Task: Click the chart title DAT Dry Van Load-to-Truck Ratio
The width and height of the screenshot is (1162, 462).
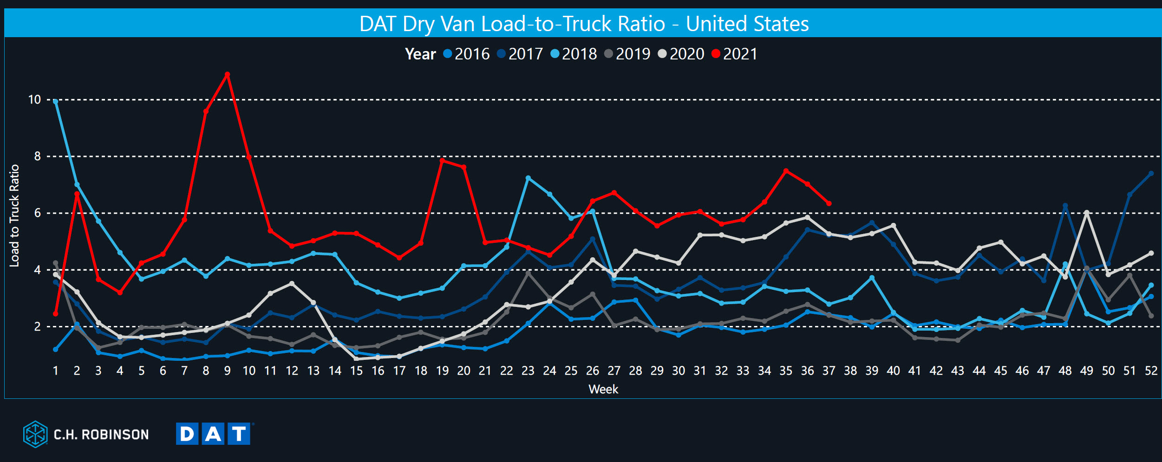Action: (583, 24)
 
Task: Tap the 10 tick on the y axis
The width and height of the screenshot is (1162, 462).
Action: (35, 99)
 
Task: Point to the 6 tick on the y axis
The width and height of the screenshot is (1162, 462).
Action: (37, 213)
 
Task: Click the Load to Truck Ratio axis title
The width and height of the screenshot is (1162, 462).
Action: (14, 215)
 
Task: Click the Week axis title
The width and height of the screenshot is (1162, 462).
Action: (603, 389)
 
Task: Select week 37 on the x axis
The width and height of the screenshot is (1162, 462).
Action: (829, 371)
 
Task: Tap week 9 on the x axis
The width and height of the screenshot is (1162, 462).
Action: (227, 371)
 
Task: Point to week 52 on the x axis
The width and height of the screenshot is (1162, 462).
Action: (1151, 371)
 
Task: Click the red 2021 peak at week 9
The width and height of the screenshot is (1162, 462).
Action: (227, 74)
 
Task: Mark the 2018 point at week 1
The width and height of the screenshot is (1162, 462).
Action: (56, 101)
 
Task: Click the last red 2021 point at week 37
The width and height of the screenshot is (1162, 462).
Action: (829, 203)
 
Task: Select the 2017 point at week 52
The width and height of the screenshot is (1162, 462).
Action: (1151, 173)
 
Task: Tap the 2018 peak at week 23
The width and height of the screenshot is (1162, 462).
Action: (528, 178)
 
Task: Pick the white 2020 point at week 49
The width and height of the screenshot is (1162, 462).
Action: (1087, 213)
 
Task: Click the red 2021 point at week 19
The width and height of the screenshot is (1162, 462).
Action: (442, 161)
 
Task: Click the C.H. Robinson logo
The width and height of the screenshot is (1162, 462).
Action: (86, 434)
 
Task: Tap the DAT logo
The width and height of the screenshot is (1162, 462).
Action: (214, 434)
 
